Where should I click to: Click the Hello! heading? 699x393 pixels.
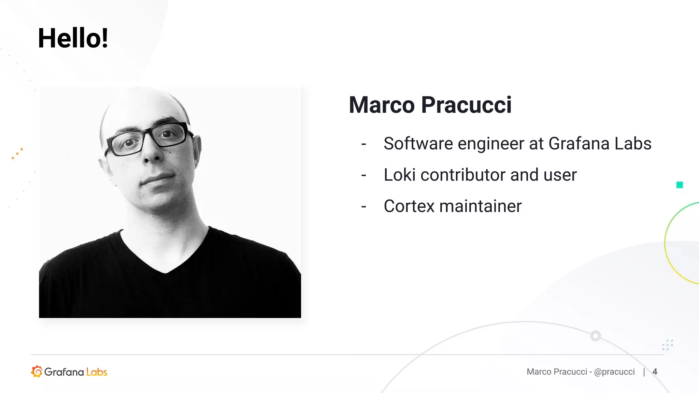click(73, 38)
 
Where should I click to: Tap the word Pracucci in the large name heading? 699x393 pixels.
click(466, 105)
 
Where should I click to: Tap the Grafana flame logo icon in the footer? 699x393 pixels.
click(37, 372)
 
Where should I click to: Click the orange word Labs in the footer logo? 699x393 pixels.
click(97, 372)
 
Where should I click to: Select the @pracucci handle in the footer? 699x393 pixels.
click(614, 372)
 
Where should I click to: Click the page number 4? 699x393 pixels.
click(655, 372)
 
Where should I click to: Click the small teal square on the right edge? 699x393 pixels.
click(680, 185)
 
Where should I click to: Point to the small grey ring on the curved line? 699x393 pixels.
click(596, 336)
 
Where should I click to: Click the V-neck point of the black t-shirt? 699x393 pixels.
click(165, 272)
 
